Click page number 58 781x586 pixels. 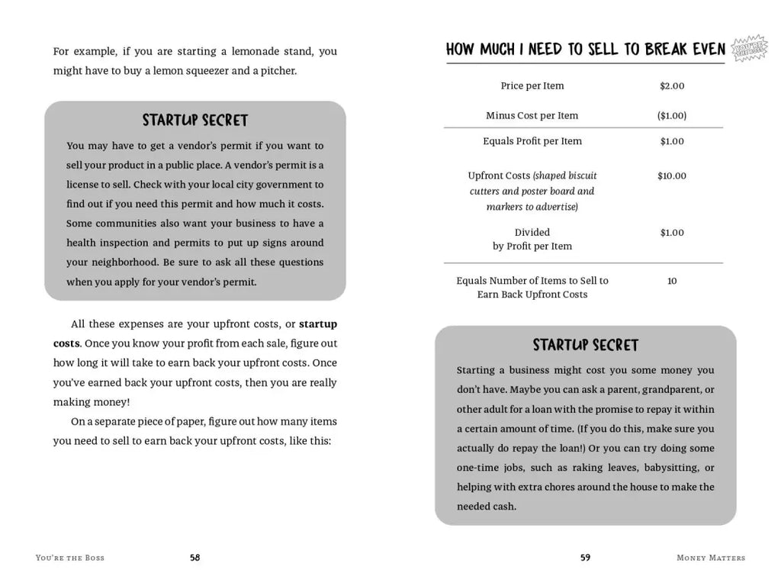tap(194, 558)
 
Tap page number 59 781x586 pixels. tap(585, 558)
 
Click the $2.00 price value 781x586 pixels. tap(672, 86)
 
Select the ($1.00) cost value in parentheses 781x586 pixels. tap(672, 116)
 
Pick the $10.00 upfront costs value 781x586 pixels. tap(672, 176)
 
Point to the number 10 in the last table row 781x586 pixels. tap(672, 281)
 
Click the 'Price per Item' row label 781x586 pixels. tap(532, 86)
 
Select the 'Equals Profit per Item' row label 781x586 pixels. tap(532, 141)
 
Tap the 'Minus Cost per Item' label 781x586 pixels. tap(532, 116)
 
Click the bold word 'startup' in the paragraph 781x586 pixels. tap(318, 324)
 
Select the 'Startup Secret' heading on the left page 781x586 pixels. tap(195, 121)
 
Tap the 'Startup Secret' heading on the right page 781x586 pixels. tap(586, 345)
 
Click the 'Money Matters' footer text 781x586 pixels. tap(710, 558)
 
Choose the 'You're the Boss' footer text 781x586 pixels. tap(70, 558)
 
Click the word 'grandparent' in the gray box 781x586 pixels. tap(669, 390)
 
